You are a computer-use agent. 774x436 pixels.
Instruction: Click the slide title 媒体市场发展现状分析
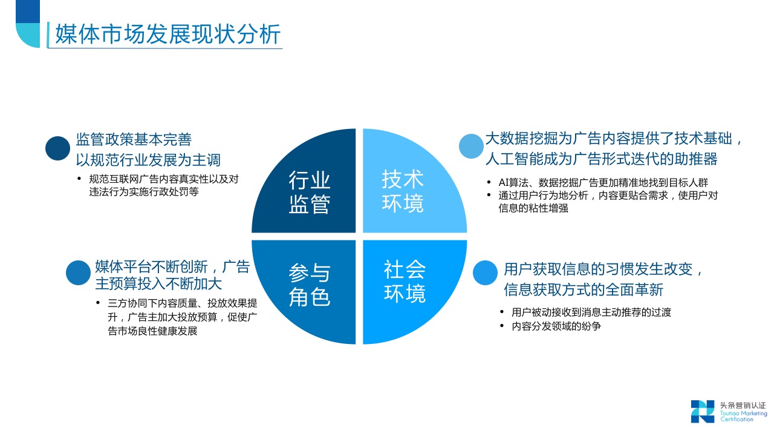point(168,34)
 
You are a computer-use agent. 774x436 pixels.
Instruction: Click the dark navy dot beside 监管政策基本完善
point(57,148)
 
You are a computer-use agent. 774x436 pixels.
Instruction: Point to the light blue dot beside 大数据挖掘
point(471,146)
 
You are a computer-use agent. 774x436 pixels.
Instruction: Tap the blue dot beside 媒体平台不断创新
point(78,272)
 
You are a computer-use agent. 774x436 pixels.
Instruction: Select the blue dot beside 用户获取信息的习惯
point(485,272)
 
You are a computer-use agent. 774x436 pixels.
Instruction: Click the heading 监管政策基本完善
point(134,139)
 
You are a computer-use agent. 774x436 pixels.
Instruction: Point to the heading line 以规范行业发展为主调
point(148,160)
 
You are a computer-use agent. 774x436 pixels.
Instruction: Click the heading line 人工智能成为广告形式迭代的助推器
point(602,159)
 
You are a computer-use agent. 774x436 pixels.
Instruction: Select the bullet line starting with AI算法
point(603,182)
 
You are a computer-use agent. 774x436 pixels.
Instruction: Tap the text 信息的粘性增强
point(533,208)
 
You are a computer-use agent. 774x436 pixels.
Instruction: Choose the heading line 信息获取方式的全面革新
point(584,289)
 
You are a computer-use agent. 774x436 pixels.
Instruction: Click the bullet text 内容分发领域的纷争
point(556,326)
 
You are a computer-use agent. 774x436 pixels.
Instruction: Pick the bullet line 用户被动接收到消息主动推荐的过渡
point(591,312)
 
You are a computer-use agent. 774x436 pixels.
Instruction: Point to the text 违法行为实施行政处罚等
point(144,192)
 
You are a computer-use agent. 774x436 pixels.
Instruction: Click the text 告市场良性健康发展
point(152,331)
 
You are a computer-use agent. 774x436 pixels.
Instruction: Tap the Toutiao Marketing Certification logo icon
point(703,411)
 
